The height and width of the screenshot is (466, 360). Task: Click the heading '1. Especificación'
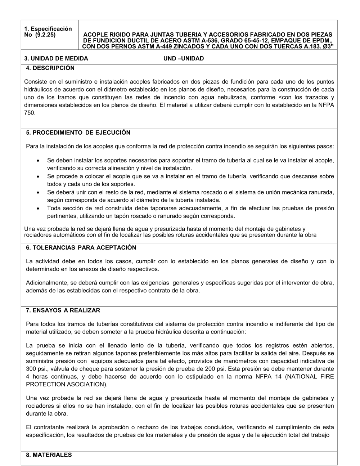(48, 29)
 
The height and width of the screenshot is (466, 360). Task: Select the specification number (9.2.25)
(46, 35)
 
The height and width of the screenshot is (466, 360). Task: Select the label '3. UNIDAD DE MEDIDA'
(56, 58)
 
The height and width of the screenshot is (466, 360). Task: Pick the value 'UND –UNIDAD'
(184, 58)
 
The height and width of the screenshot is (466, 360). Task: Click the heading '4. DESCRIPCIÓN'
(50, 68)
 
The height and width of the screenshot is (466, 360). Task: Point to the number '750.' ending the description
(30, 113)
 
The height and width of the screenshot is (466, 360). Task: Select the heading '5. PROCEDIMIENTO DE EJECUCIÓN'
(78, 133)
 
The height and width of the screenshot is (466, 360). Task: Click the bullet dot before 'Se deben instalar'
(38, 161)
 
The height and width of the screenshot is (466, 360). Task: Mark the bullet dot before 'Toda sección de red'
(38, 209)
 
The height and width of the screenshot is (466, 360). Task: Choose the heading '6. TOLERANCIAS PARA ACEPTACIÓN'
(81, 248)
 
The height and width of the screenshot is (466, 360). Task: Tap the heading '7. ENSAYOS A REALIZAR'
(63, 310)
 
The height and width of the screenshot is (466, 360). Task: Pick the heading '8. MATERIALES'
(49, 455)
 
